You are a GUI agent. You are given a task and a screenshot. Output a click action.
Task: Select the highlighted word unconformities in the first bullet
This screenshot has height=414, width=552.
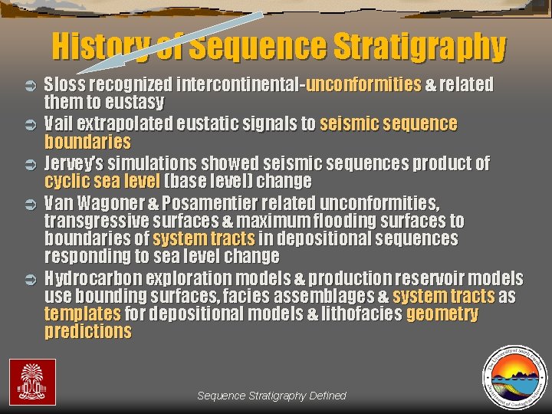(x=363, y=84)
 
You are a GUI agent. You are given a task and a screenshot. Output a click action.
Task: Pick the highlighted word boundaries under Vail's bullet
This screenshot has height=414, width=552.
(x=87, y=142)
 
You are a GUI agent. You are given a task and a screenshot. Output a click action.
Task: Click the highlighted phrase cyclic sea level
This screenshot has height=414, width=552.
(x=102, y=182)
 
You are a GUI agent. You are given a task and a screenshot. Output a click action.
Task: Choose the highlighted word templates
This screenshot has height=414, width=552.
(x=82, y=314)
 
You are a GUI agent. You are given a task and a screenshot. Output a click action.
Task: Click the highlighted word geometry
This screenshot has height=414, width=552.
(x=442, y=314)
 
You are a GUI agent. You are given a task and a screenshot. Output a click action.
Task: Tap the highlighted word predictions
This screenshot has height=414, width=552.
(x=87, y=332)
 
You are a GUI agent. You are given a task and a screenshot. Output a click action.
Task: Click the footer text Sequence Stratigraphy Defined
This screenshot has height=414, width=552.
(x=271, y=396)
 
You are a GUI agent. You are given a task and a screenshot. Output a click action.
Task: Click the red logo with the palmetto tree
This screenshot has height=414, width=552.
(x=32, y=381)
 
